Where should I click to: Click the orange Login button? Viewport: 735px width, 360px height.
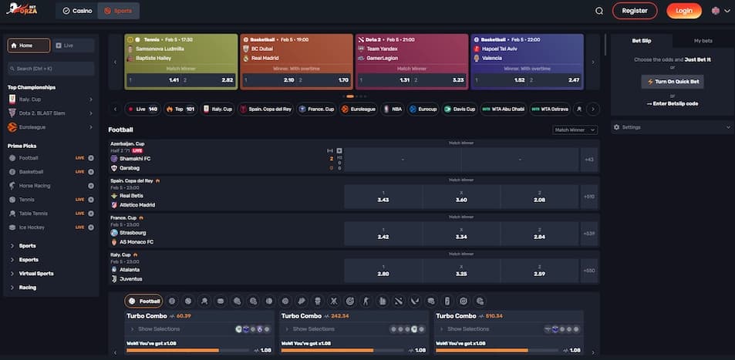(683, 11)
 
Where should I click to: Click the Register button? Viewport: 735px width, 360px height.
(634, 11)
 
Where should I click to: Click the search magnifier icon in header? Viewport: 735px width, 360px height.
(599, 11)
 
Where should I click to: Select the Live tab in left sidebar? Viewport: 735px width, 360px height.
(75, 45)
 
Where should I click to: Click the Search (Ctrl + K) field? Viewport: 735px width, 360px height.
(51, 69)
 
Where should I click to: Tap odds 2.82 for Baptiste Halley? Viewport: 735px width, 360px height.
(216, 80)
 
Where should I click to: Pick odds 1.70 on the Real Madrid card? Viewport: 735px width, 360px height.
(332, 80)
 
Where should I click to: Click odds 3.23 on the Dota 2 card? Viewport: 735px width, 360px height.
(448, 80)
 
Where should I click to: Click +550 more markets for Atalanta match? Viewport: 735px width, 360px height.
(589, 270)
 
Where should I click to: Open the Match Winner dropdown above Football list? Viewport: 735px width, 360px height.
(575, 130)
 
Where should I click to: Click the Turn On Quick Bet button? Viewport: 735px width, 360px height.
(672, 81)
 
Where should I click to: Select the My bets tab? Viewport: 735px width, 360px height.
(703, 40)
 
